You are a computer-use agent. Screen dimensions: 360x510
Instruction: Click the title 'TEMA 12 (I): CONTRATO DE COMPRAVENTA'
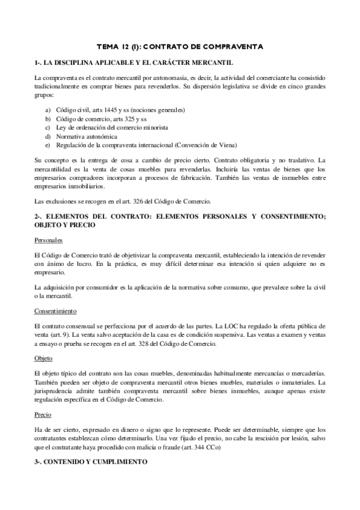(180, 46)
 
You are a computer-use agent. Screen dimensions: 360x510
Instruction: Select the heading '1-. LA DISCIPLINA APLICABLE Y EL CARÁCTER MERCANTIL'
(134, 63)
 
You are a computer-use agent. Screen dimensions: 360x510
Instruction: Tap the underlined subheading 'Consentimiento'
(55, 311)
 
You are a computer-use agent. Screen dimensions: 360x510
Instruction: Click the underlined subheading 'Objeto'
(43, 358)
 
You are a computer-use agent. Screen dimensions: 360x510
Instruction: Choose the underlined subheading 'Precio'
(43, 414)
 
